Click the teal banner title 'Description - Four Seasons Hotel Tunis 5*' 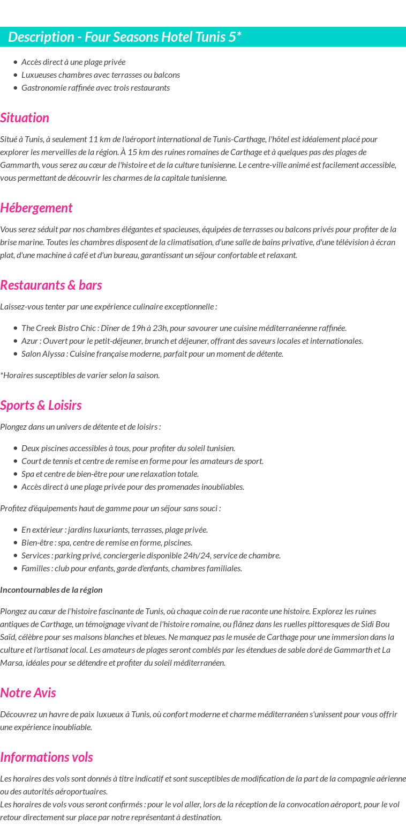(125, 37)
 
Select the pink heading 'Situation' (25, 117)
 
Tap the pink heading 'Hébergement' (36, 208)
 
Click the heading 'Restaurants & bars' (51, 285)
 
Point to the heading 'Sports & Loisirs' (41, 405)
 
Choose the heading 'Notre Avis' (28, 693)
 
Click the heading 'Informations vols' (47, 757)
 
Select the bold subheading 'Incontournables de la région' (51, 590)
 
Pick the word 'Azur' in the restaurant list (29, 341)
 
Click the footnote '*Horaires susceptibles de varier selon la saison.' (80, 375)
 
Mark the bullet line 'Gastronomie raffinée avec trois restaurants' (95, 87)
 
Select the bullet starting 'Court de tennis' (142, 461)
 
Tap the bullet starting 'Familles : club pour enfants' (131, 568)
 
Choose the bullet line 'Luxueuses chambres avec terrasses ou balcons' (100, 75)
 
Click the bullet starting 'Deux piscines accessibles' (128, 448)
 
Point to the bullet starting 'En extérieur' (114, 529)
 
